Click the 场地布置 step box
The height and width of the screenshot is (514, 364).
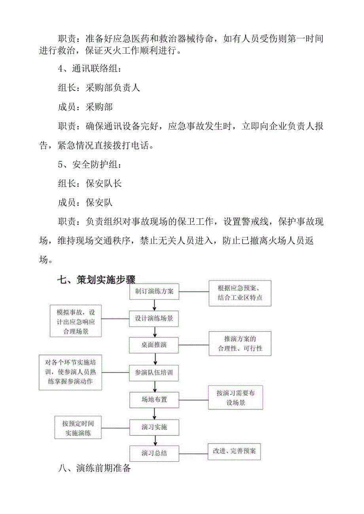(154, 399)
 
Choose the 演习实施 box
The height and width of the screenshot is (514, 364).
(154, 427)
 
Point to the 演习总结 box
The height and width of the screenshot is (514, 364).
(154, 453)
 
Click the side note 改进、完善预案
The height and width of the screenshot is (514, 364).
(235, 451)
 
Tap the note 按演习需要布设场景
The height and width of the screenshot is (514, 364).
(236, 398)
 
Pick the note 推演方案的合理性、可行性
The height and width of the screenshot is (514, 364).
(240, 344)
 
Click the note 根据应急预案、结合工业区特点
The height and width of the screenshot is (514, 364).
(240, 293)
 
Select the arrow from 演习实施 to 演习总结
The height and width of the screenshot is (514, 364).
(155, 440)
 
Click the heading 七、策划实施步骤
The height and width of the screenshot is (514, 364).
(97, 280)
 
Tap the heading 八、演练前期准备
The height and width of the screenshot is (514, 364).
(94, 469)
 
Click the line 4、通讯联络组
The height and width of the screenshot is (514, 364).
(90, 68)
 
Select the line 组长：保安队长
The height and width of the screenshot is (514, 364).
(90, 183)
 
